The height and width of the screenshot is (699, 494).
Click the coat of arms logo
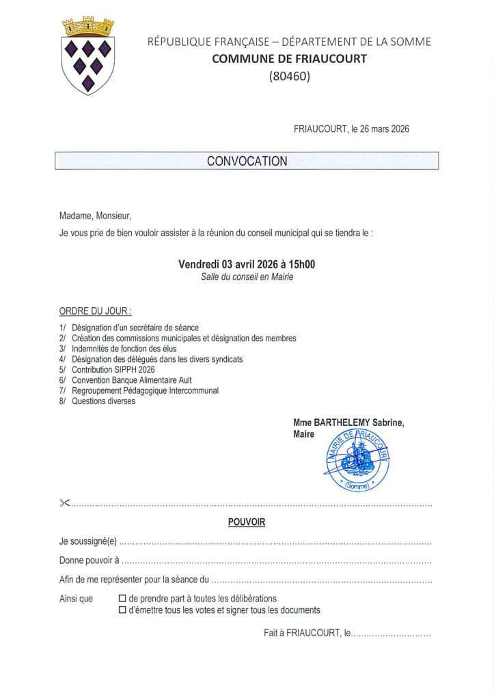coord(88,56)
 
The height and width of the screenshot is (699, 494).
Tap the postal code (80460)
coord(289,76)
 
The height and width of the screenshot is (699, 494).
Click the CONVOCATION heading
coord(247,162)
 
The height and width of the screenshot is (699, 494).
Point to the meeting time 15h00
coord(301,264)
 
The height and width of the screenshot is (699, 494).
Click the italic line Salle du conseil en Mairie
coord(247,277)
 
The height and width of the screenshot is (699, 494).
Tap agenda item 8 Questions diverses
coord(103,401)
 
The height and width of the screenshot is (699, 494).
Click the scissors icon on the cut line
coord(65,504)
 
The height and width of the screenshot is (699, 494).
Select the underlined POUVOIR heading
coord(247,522)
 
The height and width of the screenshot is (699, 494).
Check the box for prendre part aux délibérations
coord(123,599)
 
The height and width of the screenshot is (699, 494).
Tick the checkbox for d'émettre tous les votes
coord(123,610)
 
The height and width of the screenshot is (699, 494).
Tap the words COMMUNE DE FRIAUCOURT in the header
coord(289,59)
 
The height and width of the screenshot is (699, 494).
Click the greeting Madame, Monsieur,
coord(95,216)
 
